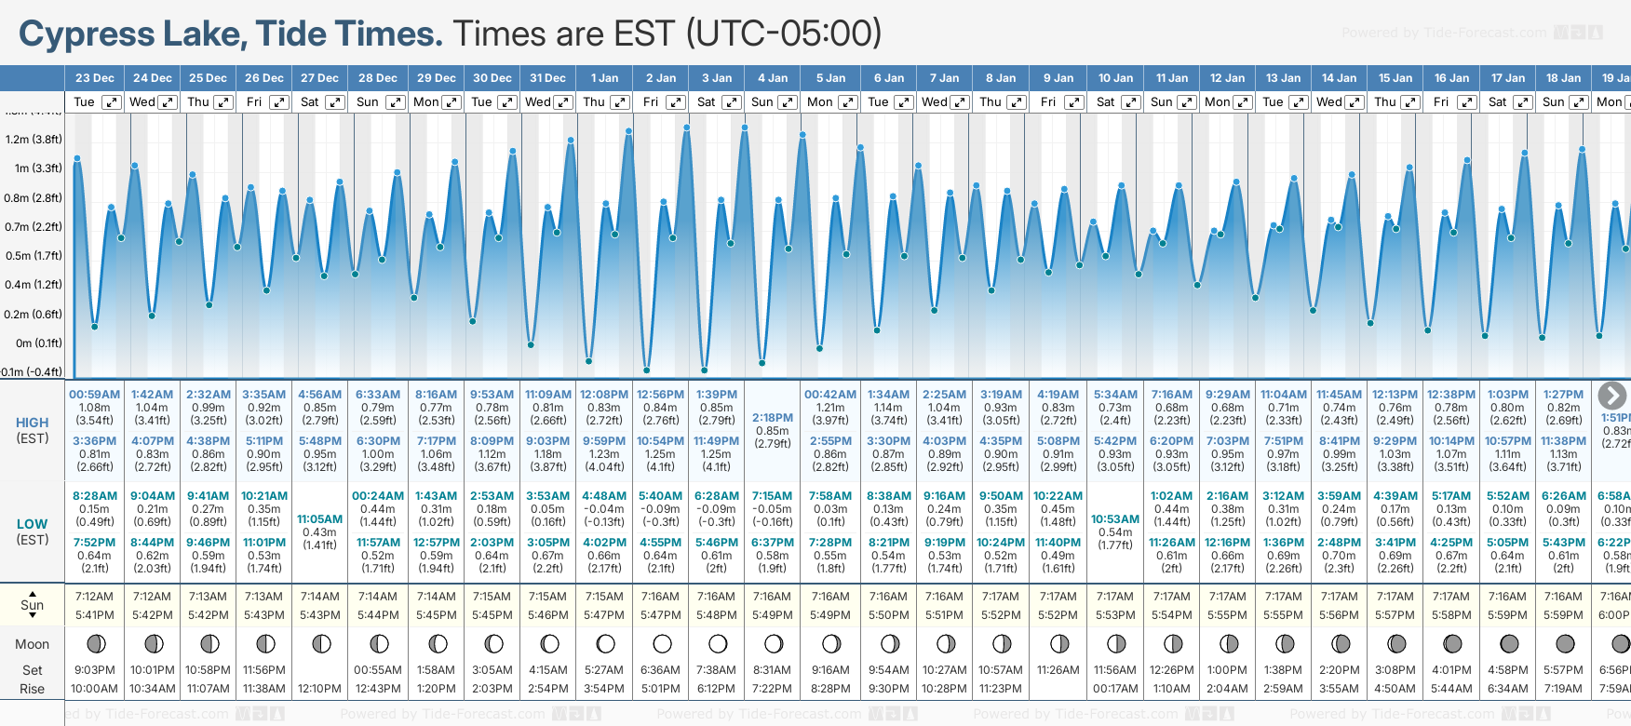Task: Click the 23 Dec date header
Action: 94,78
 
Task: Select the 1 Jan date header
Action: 604,78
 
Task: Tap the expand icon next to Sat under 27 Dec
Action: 335,102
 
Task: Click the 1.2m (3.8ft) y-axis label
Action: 34,140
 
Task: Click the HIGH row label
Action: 33,423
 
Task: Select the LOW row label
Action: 33,524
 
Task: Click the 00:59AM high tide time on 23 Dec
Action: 94,395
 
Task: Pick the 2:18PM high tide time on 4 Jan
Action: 773,418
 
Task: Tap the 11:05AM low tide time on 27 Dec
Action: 319,519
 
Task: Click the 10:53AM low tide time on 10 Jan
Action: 1115,519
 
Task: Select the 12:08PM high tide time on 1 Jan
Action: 604,395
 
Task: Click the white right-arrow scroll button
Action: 1611,396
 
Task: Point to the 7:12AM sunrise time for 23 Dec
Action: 94,597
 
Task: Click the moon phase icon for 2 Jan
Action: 662,643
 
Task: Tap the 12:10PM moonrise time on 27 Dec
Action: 319,689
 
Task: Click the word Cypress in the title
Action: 85,34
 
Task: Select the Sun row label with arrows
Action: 33,605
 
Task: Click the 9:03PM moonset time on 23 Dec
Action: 94,670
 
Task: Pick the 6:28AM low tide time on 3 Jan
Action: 717,496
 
